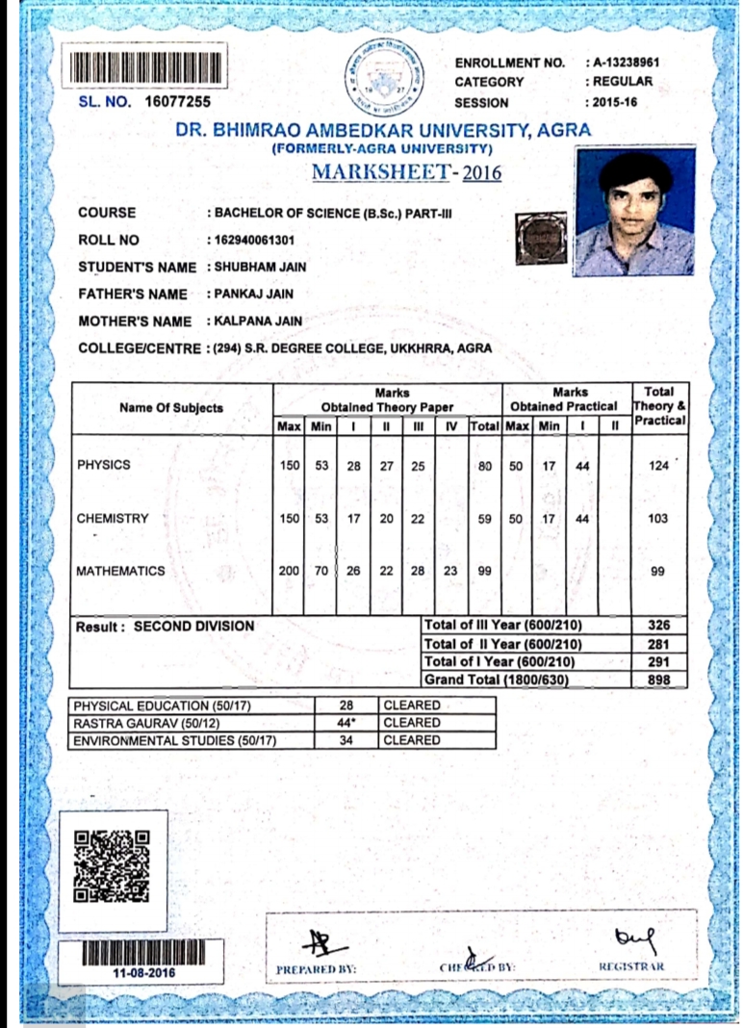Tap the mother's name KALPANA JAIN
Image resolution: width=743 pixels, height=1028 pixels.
click(258, 321)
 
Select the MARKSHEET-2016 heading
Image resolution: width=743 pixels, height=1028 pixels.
click(407, 172)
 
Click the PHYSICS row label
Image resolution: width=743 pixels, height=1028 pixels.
click(104, 465)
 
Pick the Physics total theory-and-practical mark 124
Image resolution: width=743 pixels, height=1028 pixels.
click(658, 466)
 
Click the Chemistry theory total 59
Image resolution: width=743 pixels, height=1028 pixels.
click(484, 519)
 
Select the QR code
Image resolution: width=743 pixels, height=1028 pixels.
click(113, 866)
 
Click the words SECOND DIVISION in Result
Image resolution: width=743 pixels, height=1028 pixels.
click(193, 627)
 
